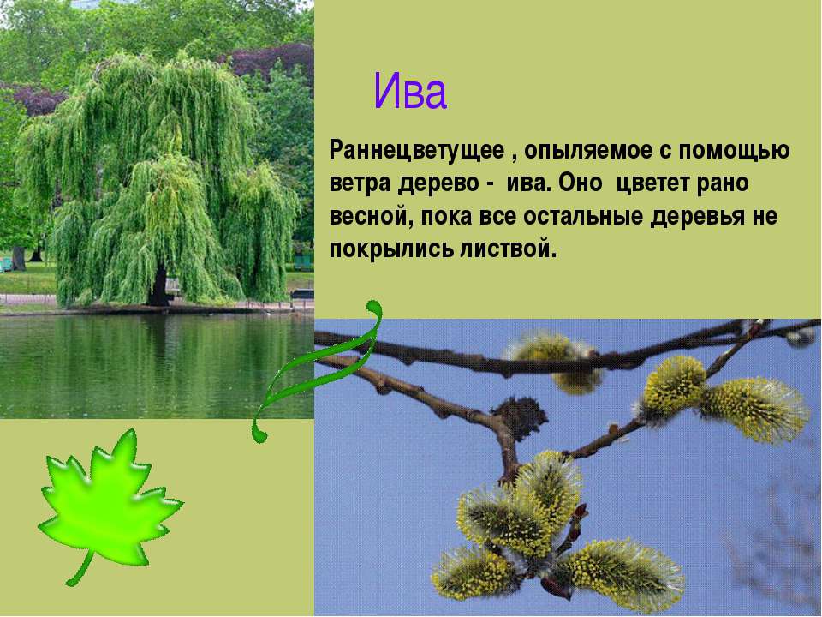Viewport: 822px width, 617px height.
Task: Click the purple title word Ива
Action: click(410, 92)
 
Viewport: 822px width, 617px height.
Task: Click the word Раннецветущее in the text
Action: click(417, 151)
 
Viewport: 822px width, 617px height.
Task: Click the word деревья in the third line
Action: click(698, 217)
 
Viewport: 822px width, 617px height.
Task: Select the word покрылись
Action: click(391, 249)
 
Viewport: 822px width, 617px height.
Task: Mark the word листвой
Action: click(508, 249)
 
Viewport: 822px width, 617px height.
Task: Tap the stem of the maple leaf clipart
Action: click(81, 568)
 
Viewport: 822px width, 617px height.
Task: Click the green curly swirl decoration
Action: click(321, 368)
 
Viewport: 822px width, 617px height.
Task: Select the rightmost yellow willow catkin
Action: click(755, 410)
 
